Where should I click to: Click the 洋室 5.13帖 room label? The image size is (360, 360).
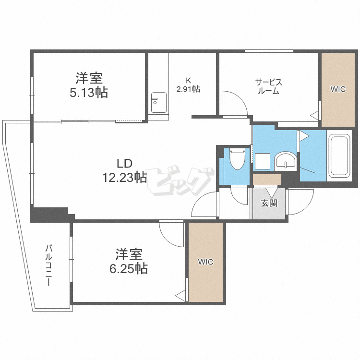click(x=89, y=85)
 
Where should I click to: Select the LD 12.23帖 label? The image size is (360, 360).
click(x=124, y=170)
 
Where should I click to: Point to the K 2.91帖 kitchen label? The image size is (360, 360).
click(x=188, y=85)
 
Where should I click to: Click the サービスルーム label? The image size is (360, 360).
click(x=268, y=86)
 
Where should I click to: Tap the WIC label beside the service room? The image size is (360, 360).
click(x=338, y=89)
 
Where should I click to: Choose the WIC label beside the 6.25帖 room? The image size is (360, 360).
click(x=206, y=262)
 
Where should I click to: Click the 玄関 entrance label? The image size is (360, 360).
click(x=269, y=203)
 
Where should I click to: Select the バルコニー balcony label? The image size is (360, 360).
click(x=48, y=265)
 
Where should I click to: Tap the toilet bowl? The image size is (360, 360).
click(x=237, y=159)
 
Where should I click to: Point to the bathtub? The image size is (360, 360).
click(x=339, y=156)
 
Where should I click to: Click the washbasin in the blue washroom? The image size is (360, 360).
click(x=287, y=161)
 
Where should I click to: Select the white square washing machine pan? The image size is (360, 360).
click(x=262, y=161)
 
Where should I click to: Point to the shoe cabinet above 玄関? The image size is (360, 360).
click(x=267, y=180)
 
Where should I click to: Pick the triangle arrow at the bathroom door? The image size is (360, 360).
click(x=303, y=136)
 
